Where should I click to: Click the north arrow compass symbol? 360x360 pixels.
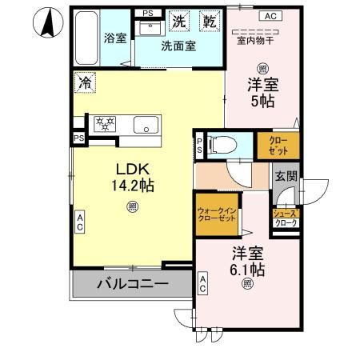[x=48, y=22]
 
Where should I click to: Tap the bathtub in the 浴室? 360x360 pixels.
[x=86, y=38]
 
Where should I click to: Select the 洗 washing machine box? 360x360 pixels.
[x=179, y=22]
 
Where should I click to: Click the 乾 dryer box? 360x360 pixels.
[x=210, y=22]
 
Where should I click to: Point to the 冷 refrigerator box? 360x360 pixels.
[x=85, y=82]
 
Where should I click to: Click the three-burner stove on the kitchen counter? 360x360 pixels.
[x=105, y=124]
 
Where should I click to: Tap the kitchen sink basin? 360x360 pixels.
[x=146, y=125]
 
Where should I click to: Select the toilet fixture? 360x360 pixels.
[x=223, y=146]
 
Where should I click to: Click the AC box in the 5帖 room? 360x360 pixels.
[x=270, y=16]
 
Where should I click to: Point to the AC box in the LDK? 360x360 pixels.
[x=80, y=222]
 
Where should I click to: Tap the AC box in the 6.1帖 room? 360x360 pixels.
[x=202, y=284]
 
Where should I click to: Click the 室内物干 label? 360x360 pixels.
[x=255, y=41]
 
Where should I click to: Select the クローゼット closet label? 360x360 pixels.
[x=278, y=146]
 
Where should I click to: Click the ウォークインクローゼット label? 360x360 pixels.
[x=217, y=215]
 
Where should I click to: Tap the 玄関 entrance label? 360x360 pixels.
[x=286, y=176]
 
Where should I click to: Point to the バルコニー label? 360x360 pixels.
[x=133, y=284]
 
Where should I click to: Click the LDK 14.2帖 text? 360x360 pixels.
[x=133, y=177]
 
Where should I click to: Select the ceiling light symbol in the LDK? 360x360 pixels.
[x=133, y=206]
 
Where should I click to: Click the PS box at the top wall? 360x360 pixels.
[x=148, y=13]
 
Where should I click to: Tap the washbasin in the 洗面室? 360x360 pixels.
[x=150, y=28]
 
